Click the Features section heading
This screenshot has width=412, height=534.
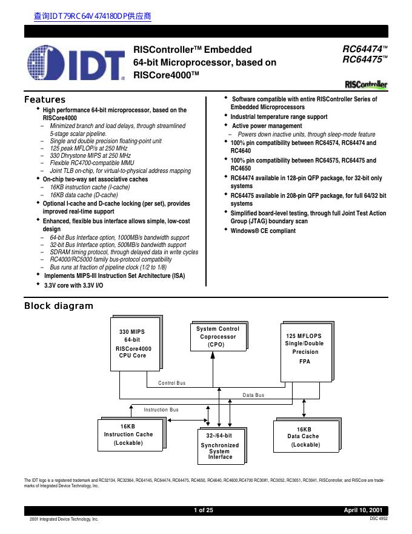pyautogui.click(x=45, y=100)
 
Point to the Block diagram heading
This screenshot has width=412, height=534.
pyautogui.click(x=58, y=305)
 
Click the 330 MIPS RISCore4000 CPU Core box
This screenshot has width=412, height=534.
pyautogui.click(x=134, y=343)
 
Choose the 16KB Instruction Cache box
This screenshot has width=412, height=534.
pyautogui.click(x=128, y=435)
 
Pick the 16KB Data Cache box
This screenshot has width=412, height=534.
pyautogui.click(x=304, y=437)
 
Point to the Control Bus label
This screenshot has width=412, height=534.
pyautogui.click(x=171, y=384)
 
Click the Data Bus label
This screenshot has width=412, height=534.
pyautogui.click(x=253, y=395)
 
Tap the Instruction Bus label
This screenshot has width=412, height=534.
pyautogui.click(x=161, y=410)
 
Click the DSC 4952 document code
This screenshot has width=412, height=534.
pyautogui.click(x=378, y=519)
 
